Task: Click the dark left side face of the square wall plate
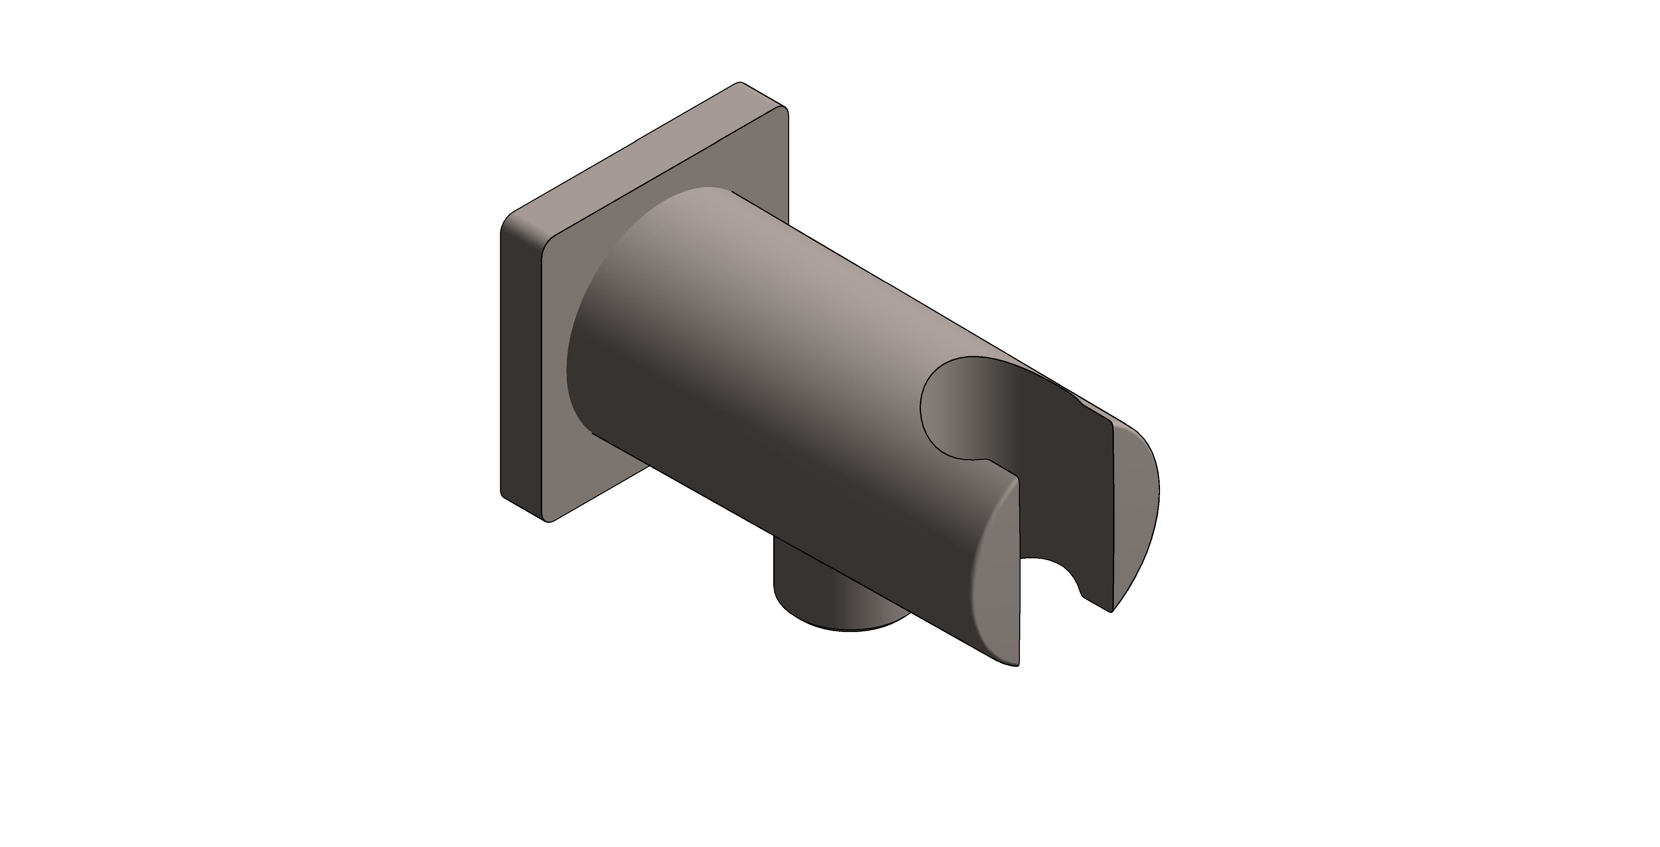coord(521,367)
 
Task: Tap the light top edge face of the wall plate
coord(644,158)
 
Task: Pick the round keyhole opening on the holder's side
coord(960,406)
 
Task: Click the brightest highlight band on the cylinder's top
coord(838,270)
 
